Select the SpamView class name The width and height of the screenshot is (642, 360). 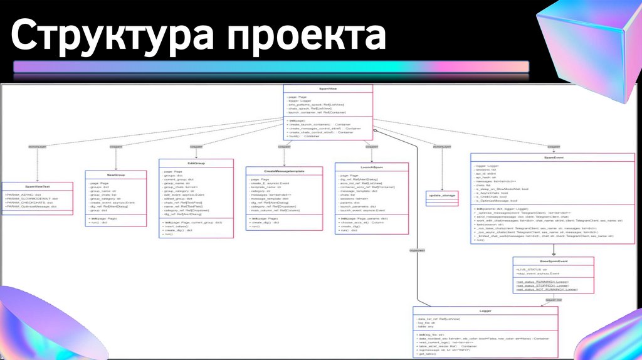pos(327,89)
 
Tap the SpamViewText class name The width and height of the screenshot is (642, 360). pos(37,186)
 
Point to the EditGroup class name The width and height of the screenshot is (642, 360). pos(196,163)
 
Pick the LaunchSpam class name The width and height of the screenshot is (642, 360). pos(371,167)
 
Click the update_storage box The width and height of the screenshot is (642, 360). pos(443,196)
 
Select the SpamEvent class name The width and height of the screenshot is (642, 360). pos(554,158)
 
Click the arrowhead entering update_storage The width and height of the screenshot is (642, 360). pos(443,188)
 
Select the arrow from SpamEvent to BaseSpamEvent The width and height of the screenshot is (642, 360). pos(553,250)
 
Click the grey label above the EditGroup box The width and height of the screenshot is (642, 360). pos(196,147)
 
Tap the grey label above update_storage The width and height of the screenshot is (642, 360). pos(442,147)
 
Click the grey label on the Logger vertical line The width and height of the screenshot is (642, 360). pos(416,250)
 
